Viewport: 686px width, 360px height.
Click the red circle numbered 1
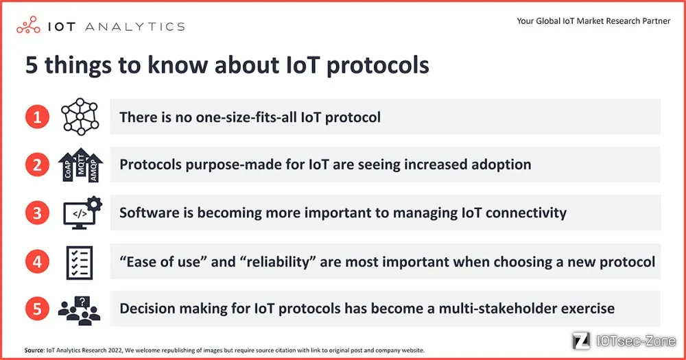click(37, 117)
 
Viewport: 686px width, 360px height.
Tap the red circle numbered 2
click(37, 165)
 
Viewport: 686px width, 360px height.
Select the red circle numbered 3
click(37, 213)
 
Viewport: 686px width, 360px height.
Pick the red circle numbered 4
click(37, 261)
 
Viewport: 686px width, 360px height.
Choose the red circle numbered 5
click(37, 309)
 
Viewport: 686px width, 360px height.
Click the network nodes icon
click(80, 117)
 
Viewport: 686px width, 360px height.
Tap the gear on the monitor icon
click(94, 204)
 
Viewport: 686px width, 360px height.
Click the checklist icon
click(79, 263)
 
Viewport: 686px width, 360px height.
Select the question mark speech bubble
click(82, 302)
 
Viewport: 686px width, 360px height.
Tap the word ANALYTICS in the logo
click(134, 27)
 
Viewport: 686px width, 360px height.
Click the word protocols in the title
click(377, 66)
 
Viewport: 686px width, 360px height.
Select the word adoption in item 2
click(501, 165)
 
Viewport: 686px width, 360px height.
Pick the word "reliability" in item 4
click(278, 261)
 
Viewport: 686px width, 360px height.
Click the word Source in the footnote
click(34, 350)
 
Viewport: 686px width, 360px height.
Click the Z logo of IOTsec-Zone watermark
click(582, 340)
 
